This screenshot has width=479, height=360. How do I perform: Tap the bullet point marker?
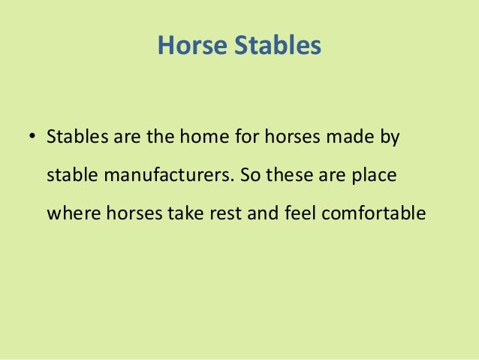pyautogui.click(x=32, y=138)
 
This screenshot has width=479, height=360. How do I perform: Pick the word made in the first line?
pyautogui.click(x=338, y=139)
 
